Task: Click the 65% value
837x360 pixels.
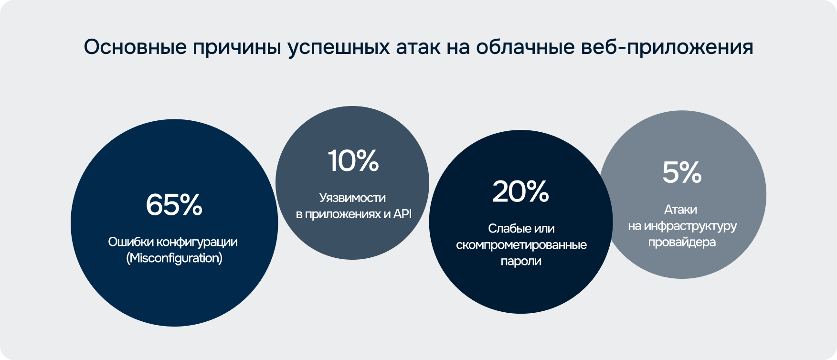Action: [174, 204]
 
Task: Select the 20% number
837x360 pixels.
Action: [520, 191]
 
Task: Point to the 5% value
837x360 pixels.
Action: [682, 172]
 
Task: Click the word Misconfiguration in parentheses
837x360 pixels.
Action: [174, 258]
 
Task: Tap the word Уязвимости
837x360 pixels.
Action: [352, 198]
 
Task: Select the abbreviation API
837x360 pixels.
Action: [402, 214]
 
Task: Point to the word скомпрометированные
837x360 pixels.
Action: [521, 245]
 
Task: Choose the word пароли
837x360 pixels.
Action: [521, 262]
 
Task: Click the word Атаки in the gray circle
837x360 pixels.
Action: [680, 210]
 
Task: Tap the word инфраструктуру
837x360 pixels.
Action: [690, 226]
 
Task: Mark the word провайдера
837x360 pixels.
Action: [682, 242]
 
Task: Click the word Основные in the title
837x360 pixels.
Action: [135, 47]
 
